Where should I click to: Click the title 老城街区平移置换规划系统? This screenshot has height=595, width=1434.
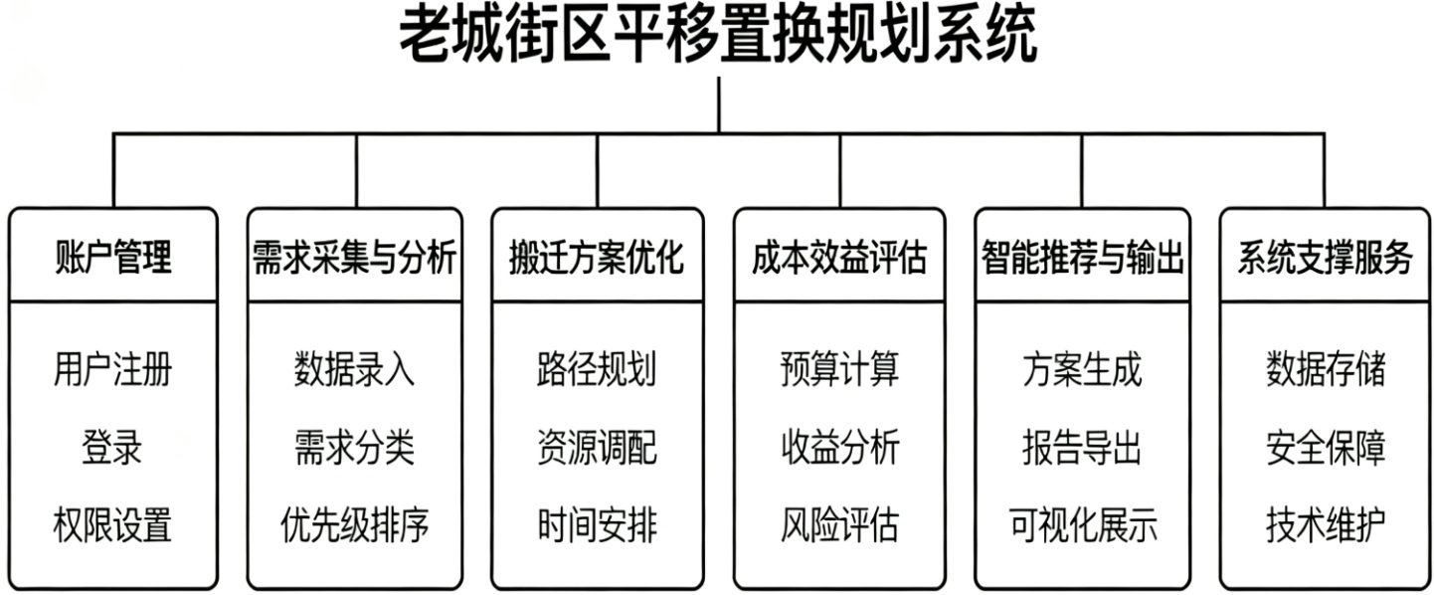pyautogui.click(x=718, y=37)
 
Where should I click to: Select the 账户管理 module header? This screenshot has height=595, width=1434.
pyautogui.click(x=112, y=258)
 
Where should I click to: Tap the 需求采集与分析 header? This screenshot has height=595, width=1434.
pyautogui.click(x=354, y=258)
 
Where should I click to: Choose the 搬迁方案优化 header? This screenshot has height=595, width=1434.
pyautogui.click(x=597, y=258)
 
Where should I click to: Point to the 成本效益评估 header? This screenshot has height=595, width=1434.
pyautogui.click(x=839, y=258)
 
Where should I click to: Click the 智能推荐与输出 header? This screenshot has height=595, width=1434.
pyautogui.click(x=1082, y=258)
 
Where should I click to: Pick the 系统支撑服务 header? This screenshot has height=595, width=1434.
pyautogui.click(x=1325, y=258)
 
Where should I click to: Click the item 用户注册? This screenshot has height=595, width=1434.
pyautogui.click(x=112, y=370)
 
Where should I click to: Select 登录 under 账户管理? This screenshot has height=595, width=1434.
pyautogui.click(x=112, y=448)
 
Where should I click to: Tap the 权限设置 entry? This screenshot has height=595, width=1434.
pyautogui.click(x=112, y=524)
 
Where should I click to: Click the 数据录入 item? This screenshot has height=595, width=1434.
pyautogui.click(x=354, y=370)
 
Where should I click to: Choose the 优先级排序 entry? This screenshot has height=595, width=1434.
pyautogui.click(x=354, y=524)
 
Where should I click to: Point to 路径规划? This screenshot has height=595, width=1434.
pyautogui.click(x=597, y=370)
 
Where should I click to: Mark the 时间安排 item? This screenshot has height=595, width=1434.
pyautogui.click(x=597, y=524)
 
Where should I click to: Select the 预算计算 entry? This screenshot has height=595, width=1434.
pyautogui.click(x=839, y=370)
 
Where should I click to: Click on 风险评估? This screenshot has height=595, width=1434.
pyautogui.click(x=839, y=524)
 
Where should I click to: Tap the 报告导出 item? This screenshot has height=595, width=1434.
pyautogui.click(x=1082, y=448)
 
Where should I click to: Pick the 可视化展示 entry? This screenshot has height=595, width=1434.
pyautogui.click(x=1082, y=524)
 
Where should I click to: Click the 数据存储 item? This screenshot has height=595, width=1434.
pyautogui.click(x=1325, y=370)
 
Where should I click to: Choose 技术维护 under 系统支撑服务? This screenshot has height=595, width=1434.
pyautogui.click(x=1325, y=524)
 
